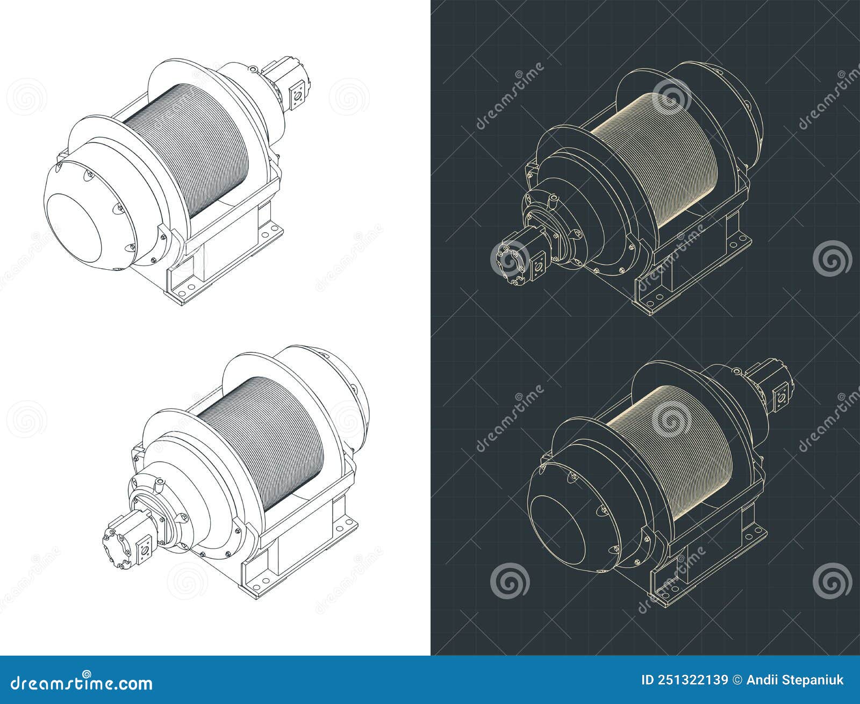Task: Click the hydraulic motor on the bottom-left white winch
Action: pos(129,540)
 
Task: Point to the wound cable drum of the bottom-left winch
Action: pos(263,430)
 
